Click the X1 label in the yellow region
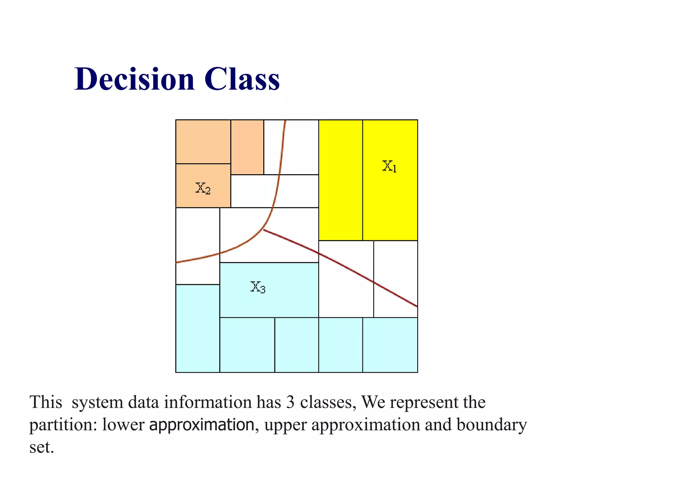pyautogui.click(x=389, y=166)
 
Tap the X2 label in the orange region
pyautogui.click(x=203, y=188)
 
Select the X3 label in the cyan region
pyautogui.click(x=258, y=287)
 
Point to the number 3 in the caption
pyautogui.click(x=290, y=402)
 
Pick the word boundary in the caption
pyautogui.click(x=492, y=425)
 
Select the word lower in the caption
pyautogui.click(x=123, y=425)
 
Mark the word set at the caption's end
pyautogui.click(x=41, y=447)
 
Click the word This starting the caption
pyautogui.click(x=46, y=402)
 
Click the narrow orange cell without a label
pyautogui.click(x=247, y=147)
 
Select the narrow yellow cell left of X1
pyautogui.click(x=340, y=180)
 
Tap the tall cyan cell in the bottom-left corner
pyautogui.click(x=197, y=328)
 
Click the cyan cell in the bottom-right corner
pyautogui.click(x=390, y=345)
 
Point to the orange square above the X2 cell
pyautogui.click(x=203, y=141)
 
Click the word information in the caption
pyautogui.click(x=208, y=402)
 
